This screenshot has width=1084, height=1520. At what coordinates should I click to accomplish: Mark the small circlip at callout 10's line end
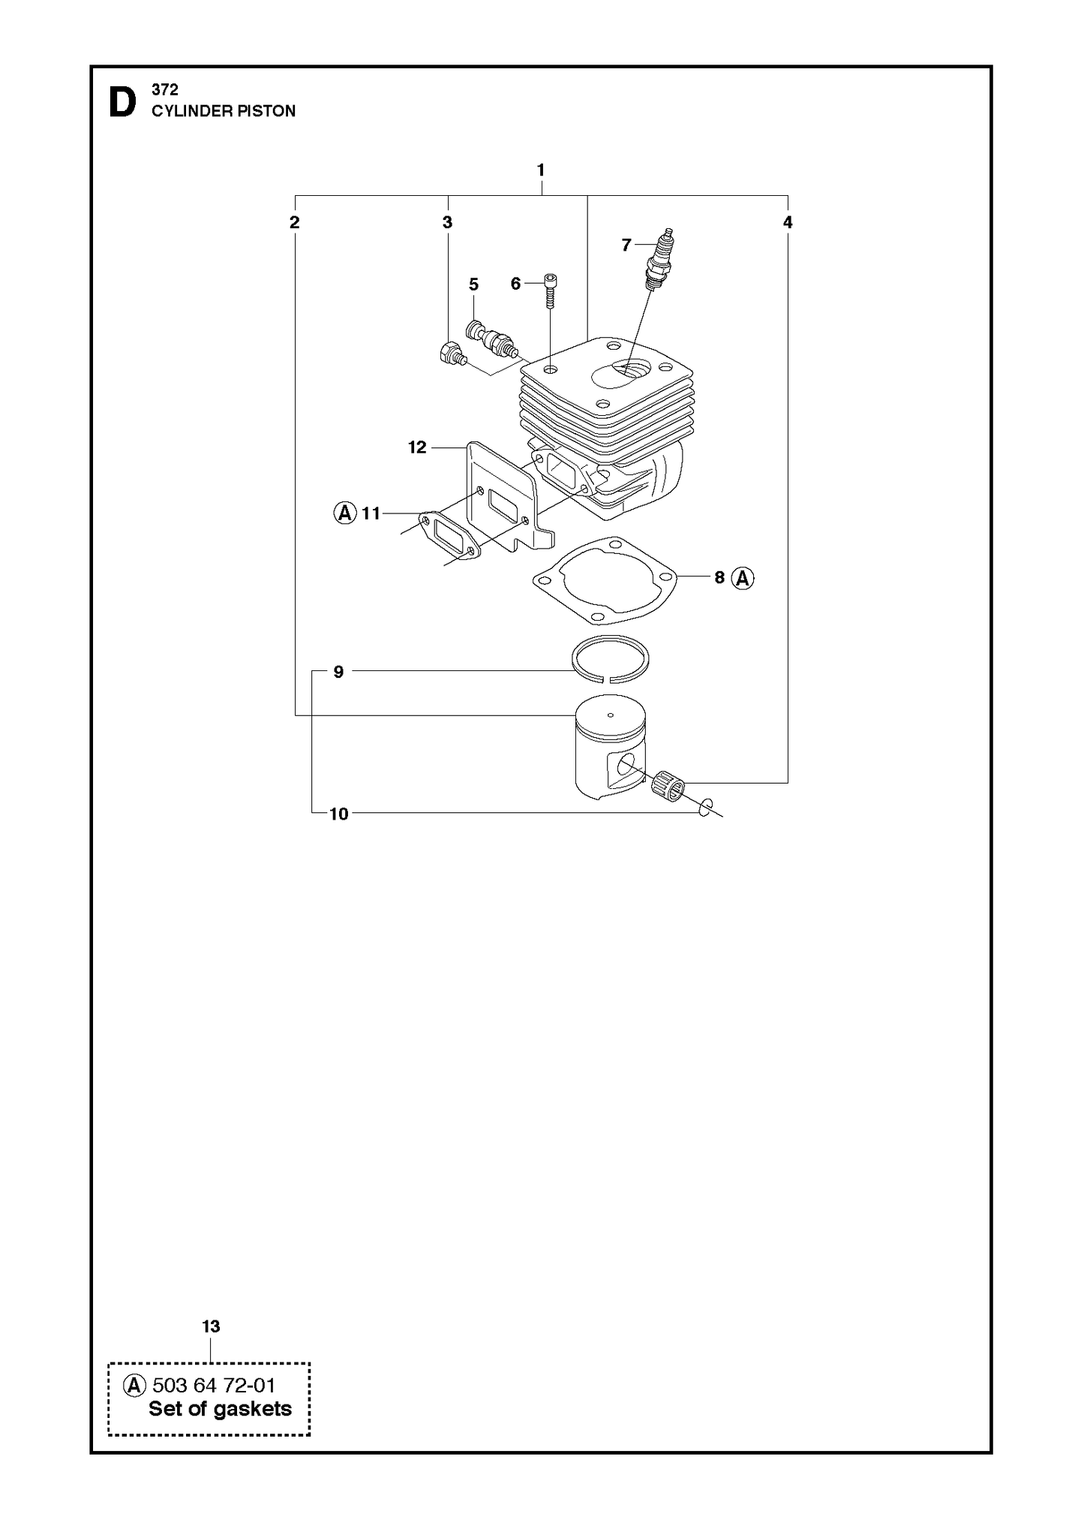[704, 808]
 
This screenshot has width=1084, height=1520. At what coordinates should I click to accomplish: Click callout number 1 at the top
[541, 170]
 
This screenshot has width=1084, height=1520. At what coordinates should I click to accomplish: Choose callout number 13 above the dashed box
[211, 1326]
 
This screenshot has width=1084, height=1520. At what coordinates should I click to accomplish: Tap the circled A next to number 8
[743, 578]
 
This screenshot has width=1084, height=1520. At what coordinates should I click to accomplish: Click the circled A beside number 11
[344, 513]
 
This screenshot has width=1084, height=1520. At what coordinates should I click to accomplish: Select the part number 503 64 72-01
[214, 1385]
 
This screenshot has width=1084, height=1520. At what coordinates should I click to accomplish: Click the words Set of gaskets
[220, 1409]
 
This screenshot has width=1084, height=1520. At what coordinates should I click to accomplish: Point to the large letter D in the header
[123, 103]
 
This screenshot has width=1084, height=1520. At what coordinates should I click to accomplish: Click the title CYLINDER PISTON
[224, 111]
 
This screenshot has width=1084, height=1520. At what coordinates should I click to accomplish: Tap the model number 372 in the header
[164, 90]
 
